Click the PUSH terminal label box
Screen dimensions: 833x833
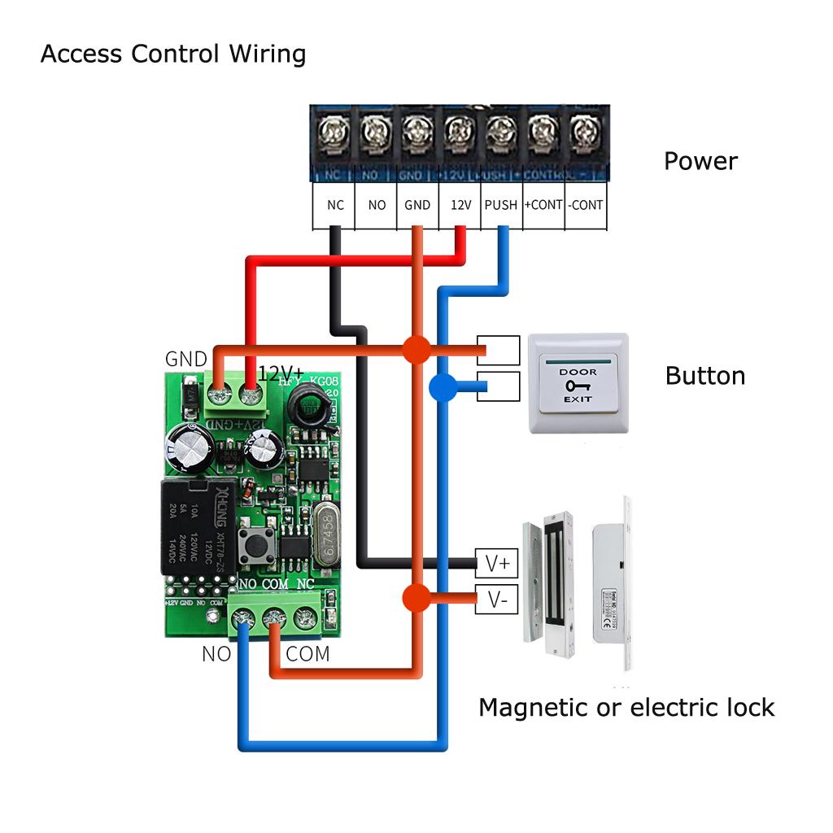point(500,205)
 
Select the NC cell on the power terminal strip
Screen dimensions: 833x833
point(335,205)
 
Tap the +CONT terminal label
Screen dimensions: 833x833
point(543,205)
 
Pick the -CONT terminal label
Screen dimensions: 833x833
point(586,205)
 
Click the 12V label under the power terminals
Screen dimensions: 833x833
point(460,205)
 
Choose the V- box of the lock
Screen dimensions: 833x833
point(496,600)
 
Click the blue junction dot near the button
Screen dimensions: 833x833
point(443,387)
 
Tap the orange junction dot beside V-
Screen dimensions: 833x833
point(416,599)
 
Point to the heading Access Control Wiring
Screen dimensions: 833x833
point(173,55)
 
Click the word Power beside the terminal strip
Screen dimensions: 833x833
point(700,161)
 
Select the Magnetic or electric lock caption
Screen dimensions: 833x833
point(626,708)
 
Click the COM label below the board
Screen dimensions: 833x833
point(307,654)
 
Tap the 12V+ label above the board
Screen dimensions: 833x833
point(281,373)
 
